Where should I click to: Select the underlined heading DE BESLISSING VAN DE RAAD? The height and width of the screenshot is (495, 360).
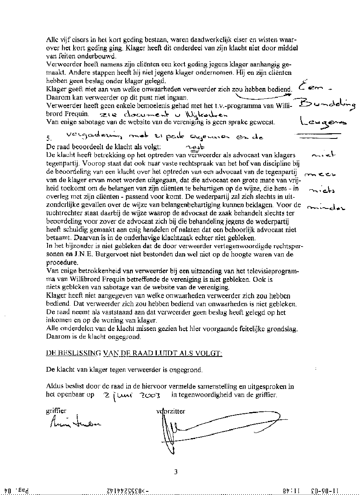coord(134,353)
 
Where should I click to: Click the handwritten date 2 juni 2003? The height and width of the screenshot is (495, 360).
coord(131,395)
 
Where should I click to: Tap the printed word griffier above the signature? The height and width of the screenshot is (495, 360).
coord(56,411)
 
